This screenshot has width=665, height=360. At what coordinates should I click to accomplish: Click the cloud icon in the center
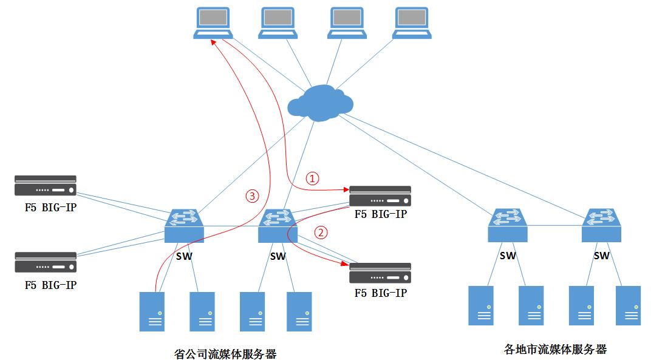320,101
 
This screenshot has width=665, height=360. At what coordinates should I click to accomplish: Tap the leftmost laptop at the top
213,23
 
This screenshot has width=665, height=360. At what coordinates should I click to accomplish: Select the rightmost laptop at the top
412,23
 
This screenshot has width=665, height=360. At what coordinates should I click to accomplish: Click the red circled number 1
312,178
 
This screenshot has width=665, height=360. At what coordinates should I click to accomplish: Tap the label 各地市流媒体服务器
555,349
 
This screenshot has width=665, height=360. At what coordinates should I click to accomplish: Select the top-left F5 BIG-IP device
46,185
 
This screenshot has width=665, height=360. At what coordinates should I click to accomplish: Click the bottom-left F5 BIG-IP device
46,262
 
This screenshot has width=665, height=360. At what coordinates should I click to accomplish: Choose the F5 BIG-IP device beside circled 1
380,196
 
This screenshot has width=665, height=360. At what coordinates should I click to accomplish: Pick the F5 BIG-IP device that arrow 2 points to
380,273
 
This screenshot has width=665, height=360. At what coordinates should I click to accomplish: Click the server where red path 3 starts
152,311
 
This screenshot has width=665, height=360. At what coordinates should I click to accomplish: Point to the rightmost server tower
628,305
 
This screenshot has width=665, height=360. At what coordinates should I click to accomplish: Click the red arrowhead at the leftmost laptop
213,42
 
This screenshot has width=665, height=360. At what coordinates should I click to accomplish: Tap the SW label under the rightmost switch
601,256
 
